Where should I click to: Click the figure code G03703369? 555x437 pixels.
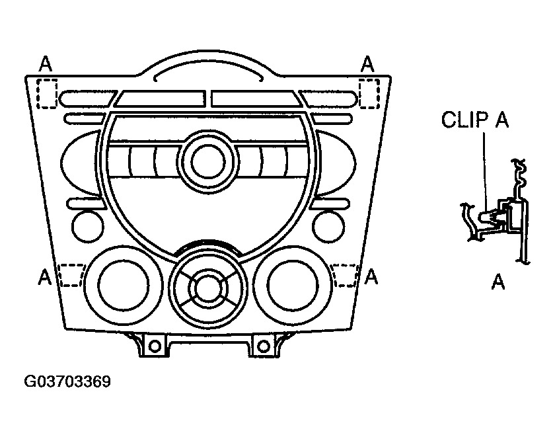67,382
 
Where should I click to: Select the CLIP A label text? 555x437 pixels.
475,121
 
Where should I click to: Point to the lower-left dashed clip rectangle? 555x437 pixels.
72,274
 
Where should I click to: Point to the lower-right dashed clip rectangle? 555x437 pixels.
344,274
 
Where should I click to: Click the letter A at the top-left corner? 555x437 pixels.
45,63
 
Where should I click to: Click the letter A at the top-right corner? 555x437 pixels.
368,63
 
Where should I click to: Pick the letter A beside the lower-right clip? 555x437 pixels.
371,275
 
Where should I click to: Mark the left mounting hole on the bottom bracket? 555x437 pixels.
154,345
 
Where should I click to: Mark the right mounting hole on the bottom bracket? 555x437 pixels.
263,345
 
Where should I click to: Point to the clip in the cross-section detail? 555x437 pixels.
494,216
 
